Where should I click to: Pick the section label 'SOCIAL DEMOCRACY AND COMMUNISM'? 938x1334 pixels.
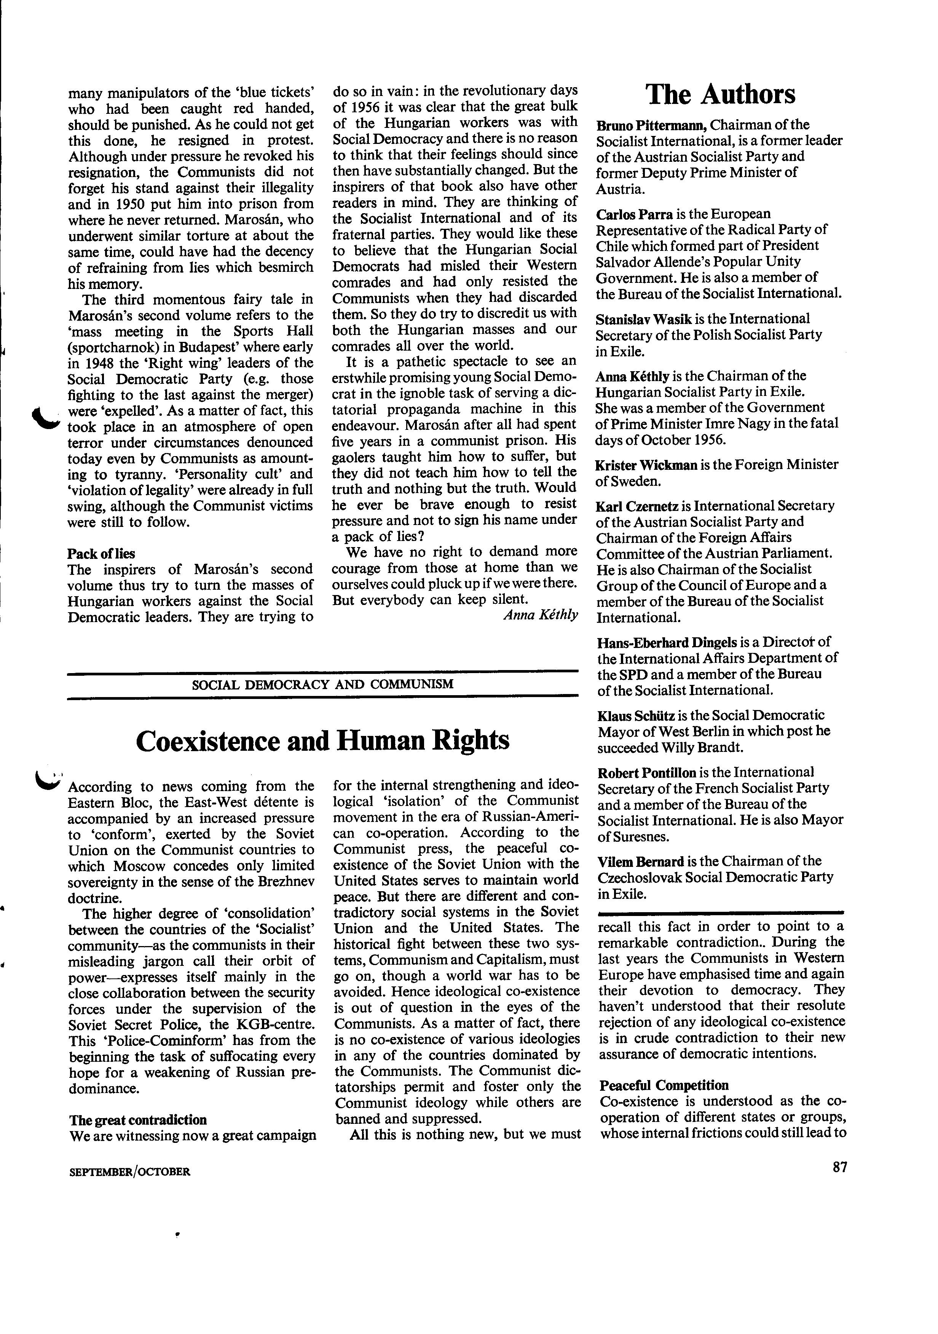click(322, 684)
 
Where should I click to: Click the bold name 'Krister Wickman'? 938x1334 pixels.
click(646, 465)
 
